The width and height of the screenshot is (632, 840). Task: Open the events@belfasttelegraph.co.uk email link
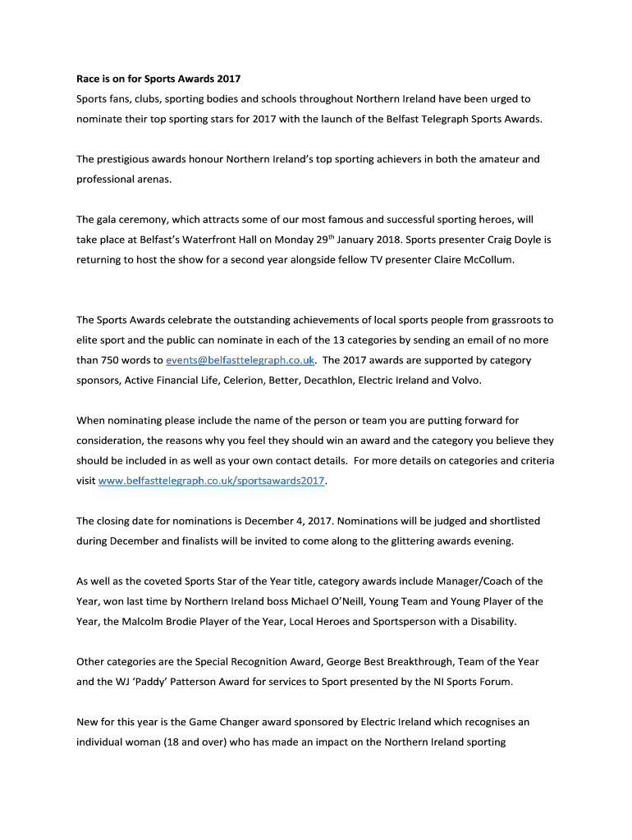tap(240, 360)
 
